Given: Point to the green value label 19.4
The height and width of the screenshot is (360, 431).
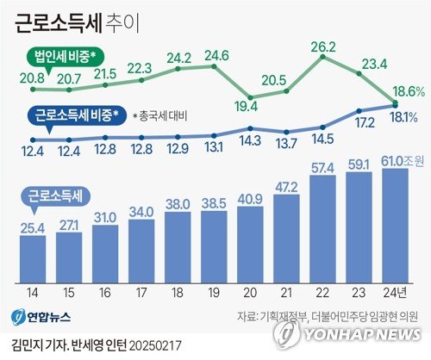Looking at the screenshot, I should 251,108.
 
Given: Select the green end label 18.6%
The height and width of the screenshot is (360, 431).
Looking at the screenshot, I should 405,90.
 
